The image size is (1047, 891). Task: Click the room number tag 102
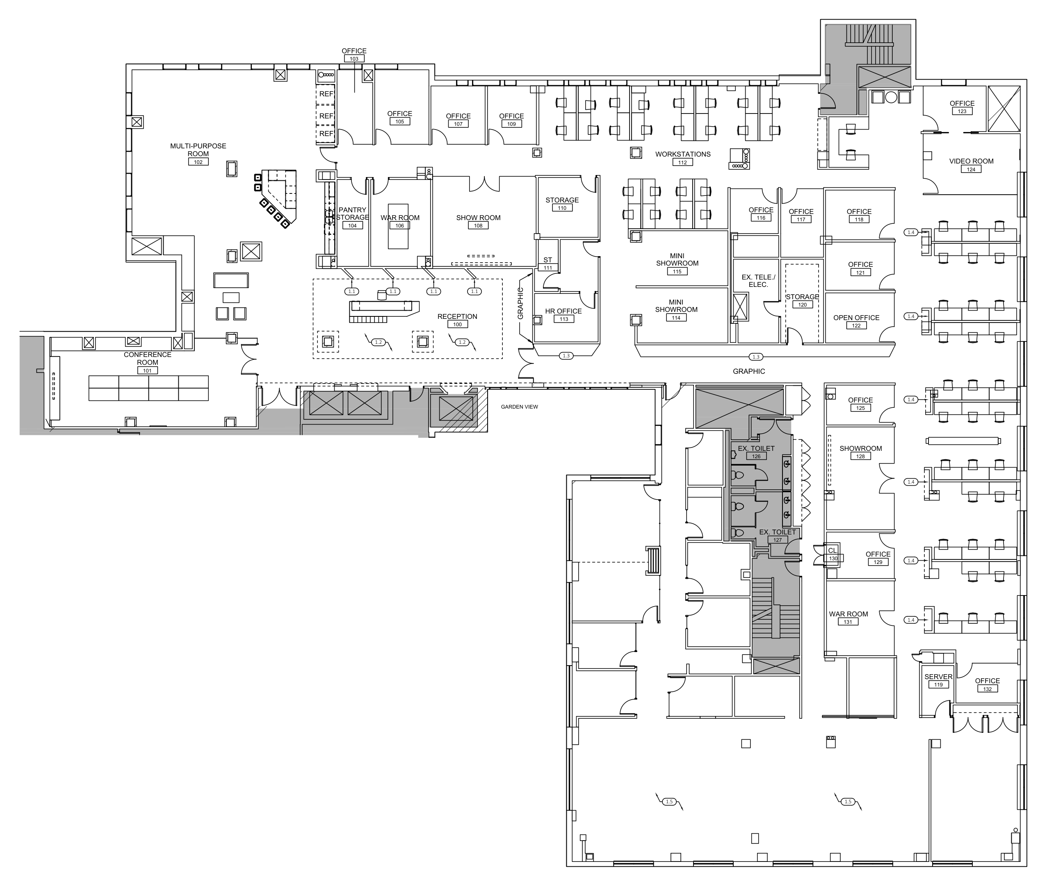click(x=198, y=162)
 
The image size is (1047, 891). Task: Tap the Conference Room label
click(x=148, y=359)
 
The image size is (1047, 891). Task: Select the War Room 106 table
click(x=398, y=226)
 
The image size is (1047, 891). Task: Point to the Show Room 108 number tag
click(x=478, y=226)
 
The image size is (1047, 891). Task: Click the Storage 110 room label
click(x=562, y=200)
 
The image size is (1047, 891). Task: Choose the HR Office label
click(x=563, y=311)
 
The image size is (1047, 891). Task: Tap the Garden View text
click(x=520, y=407)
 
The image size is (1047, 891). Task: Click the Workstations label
click(x=683, y=154)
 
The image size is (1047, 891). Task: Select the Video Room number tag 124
click(x=971, y=169)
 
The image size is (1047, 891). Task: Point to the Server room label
click(x=938, y=677)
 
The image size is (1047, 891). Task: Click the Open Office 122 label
click(x=856, y=318)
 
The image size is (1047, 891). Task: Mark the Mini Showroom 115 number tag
click(x=677, y=272)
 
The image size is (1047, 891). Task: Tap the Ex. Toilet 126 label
click(x=756, y=448)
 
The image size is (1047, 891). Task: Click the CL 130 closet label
click(x=832, y=550)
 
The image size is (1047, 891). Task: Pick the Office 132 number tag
click(x=988, y=689)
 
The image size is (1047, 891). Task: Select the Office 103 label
click(x=354, y=51)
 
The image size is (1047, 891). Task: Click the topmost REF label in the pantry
click(x=326, y=94)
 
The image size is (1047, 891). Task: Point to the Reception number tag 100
click(x=457, y=325)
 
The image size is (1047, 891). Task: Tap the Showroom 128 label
click(x=860, y=448)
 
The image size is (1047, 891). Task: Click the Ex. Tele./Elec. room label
click(x=758, y=281)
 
